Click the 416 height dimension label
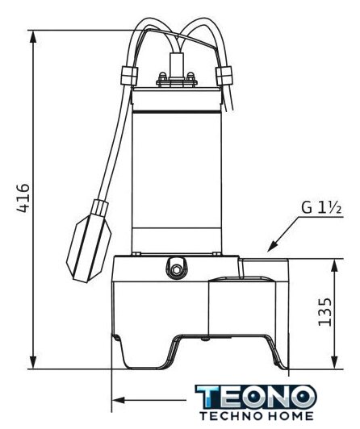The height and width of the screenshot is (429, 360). click(23, 198)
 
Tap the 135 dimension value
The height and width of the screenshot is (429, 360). click(325, 312)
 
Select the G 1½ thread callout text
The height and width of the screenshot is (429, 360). click(321, 208)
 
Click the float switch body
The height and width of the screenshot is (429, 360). click(89, 248)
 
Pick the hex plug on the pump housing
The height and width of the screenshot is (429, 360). click(177, 270)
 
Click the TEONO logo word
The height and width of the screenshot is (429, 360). click(256, 397)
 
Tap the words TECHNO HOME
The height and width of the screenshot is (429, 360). click(257, 416)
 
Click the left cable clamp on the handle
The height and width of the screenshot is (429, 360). click(129, 76)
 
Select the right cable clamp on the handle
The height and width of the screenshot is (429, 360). click(224, 76)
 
